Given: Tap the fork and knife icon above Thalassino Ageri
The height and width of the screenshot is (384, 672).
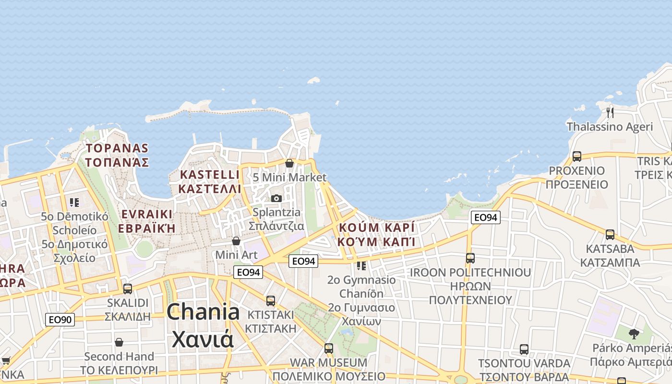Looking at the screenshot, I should click(x=610, y=112).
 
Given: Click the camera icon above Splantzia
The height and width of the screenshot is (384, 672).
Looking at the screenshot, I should click(x=276, y=198).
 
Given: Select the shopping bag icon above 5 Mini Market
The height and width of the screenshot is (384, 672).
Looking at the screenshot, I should click(x=289, y=163).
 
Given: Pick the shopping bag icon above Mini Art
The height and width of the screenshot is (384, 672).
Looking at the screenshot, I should click(x=236, y=240).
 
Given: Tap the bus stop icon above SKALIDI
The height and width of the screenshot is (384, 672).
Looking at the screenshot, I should click(x=128, y=288).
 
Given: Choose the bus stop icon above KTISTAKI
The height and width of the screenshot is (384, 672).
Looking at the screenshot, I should click(x=271, y=300).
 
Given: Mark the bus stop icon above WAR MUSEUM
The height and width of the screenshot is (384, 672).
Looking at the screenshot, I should click(x=329, y=348).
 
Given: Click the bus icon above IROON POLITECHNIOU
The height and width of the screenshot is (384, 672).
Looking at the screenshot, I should click(x=470, y=258).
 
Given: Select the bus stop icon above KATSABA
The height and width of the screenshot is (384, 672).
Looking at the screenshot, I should click(x=610, y=234).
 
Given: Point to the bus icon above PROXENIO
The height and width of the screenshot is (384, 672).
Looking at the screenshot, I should click(x=577, y=156).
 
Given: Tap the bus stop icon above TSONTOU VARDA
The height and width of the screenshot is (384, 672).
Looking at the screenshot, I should click(x=524, y=349).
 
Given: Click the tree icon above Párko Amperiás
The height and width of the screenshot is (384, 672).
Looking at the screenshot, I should click(x=634, y=334).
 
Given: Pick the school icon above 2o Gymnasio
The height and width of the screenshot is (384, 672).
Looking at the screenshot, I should click(x=361, y=265).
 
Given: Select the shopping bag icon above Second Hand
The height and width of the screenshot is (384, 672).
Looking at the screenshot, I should click(x=119, y=342).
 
